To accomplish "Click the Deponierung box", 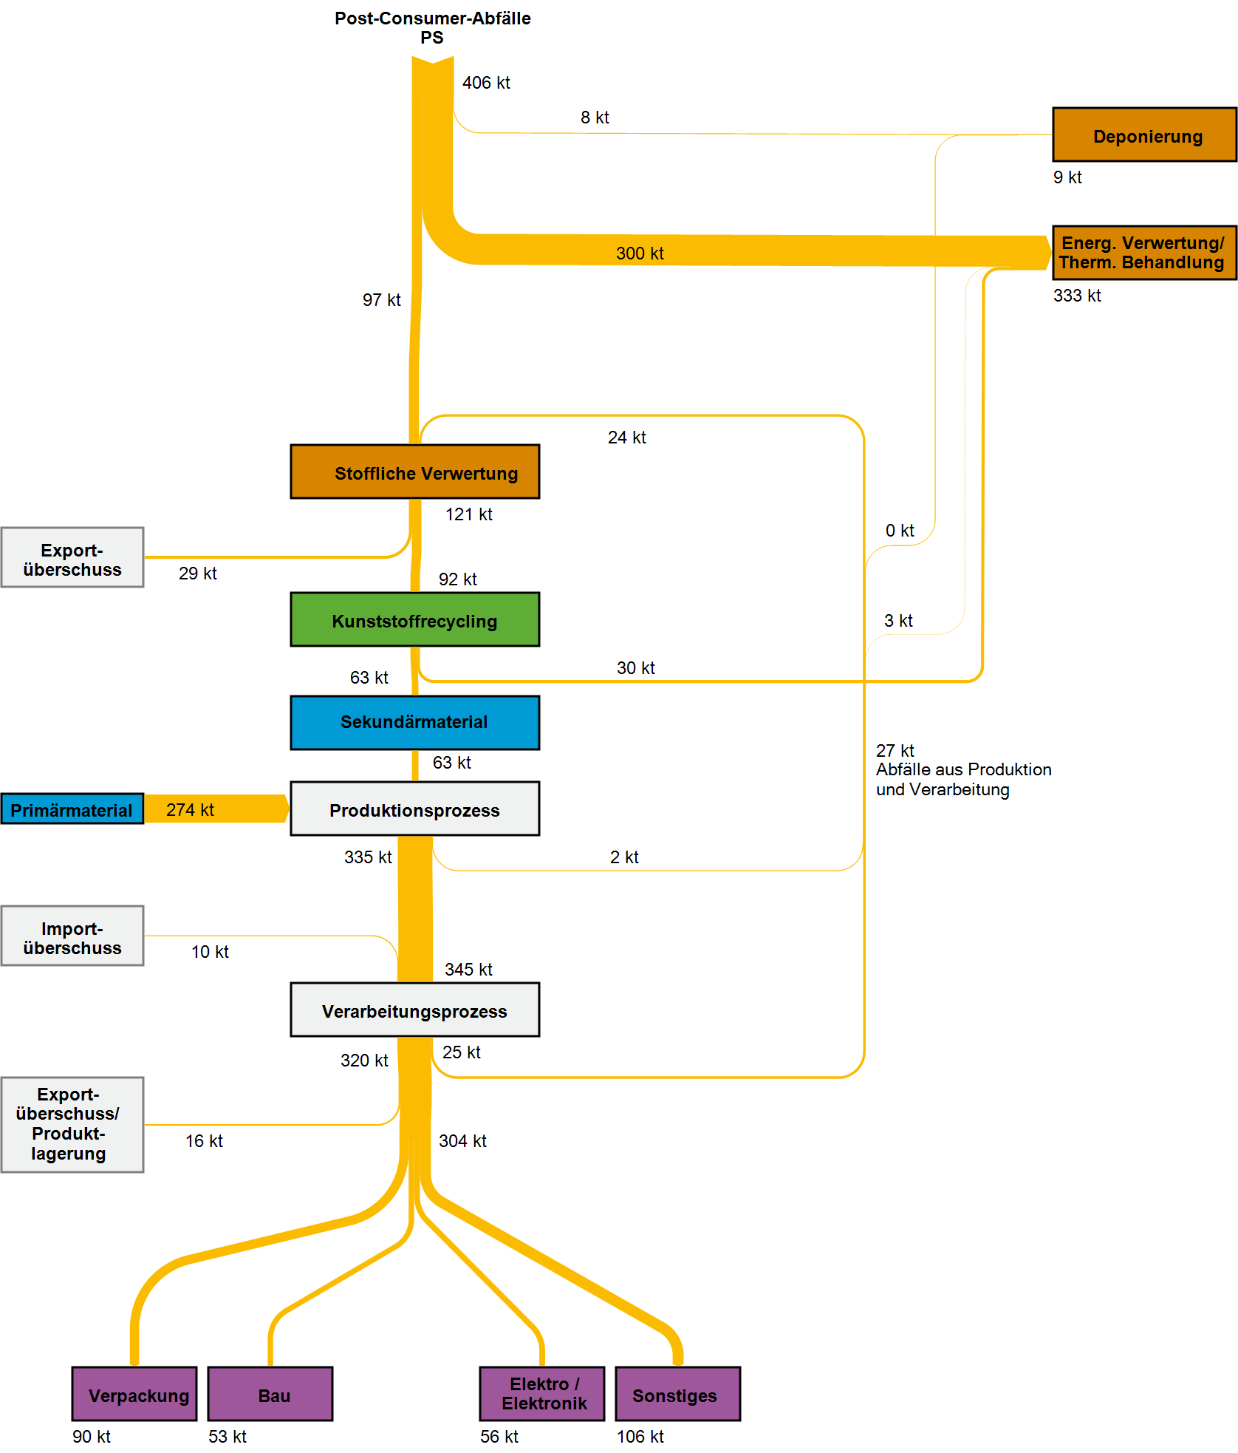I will [1144, 135].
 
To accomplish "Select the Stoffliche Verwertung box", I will [414, 472].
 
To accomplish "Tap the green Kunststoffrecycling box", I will [414, 619].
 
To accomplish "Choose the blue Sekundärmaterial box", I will [414, 722].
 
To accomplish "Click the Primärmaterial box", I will [72, 809].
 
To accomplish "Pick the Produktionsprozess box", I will [414, 809].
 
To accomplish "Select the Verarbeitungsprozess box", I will [414, 1010].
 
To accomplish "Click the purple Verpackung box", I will [134, 1394].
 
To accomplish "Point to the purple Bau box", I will [270, 1394].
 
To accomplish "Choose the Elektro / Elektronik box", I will [542, 1394].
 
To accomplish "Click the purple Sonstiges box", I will [677, 1394].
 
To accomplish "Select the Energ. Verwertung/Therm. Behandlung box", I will [1144, 253].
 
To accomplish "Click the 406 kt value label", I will [486, 83].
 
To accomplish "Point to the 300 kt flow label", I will [640, 253].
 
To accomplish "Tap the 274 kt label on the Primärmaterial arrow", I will [190, 810].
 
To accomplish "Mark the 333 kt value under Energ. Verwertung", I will [1077, 296].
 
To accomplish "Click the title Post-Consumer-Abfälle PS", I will [433, 28].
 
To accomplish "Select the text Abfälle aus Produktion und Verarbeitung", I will [963, 779].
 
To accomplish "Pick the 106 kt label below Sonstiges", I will [640, 1437].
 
